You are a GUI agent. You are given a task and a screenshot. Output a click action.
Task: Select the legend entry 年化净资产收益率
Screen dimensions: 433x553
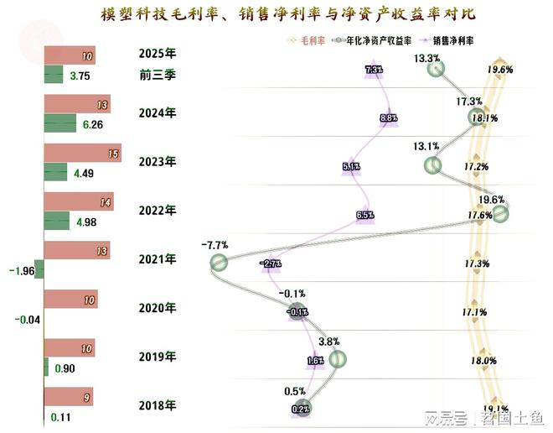point(372,39)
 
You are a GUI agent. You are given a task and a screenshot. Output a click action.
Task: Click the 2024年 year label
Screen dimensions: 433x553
point(157,113)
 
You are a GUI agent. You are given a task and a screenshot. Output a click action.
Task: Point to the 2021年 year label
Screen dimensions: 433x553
point(157,259)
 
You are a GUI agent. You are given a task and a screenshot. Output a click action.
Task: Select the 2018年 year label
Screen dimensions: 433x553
point(157,406)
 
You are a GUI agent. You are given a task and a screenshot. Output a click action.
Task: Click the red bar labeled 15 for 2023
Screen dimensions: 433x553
point(82,154)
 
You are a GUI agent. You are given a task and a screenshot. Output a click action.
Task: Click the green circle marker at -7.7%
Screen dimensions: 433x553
point(218,263)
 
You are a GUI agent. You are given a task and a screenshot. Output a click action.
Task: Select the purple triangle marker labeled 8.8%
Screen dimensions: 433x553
point(388,118)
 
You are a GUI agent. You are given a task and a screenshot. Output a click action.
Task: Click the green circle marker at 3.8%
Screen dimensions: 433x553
point(337,359)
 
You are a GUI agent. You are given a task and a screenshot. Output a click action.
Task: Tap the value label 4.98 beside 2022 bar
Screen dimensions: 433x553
point(87,222)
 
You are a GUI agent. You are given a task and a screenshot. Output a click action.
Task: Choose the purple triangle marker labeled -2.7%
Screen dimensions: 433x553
point(271,263)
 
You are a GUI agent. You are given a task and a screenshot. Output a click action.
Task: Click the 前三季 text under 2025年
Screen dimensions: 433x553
point(157,75)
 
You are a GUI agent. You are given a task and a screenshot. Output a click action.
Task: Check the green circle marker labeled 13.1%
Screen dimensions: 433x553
point(432,165)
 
